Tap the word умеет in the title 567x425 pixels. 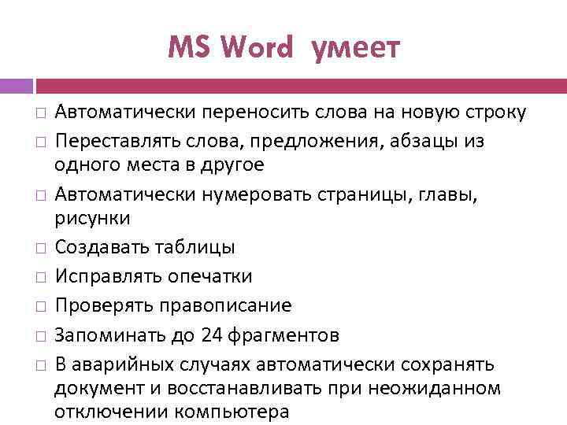pos(356,49)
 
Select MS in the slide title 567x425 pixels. pos(190,49)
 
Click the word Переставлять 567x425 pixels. pos(115,141)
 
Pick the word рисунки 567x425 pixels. pos(92,216)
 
